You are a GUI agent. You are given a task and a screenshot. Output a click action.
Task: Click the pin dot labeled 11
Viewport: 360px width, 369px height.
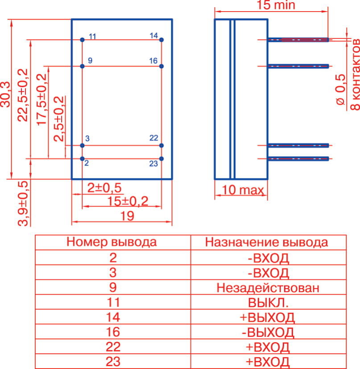[82, 40]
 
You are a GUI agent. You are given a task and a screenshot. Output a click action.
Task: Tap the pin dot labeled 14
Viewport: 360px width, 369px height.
[161, 40]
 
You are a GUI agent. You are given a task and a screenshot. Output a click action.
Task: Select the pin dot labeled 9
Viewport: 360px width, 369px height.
[82, 66]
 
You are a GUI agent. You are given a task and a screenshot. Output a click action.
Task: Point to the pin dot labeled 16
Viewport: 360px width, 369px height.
[161, 66]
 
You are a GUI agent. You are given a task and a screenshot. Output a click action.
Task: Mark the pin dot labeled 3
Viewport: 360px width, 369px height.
[82, 145]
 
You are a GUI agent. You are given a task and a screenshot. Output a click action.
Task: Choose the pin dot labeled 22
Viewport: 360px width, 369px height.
[161, 145]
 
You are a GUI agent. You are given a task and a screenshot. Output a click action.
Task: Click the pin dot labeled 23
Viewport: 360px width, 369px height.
[161, 158]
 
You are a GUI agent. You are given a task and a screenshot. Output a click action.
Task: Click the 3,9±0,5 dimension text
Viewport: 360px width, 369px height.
[22, 203]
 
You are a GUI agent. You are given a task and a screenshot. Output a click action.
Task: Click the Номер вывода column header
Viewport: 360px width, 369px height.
[112, 242]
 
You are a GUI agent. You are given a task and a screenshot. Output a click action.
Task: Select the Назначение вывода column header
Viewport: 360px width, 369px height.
[267, 242]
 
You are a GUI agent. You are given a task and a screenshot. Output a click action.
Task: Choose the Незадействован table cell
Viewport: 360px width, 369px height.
[268, 288]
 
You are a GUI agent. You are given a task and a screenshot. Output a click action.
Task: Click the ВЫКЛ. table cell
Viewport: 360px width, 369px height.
[268, 303]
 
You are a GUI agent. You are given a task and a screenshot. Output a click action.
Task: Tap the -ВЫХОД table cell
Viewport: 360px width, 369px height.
[268, 332]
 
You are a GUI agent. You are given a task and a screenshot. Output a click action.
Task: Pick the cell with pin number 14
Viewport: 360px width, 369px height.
[113, 318]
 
